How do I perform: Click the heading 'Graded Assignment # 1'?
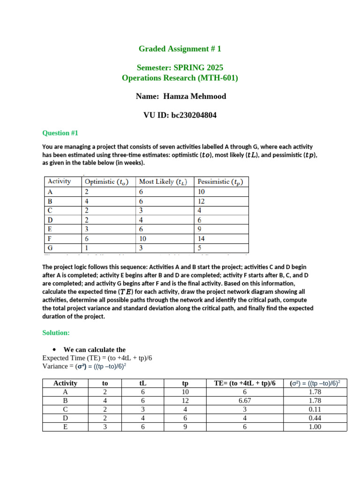click(x=180, y=49)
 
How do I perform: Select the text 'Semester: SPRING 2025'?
click(x=180, y=68)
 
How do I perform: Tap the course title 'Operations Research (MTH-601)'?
click(x=180, y=78)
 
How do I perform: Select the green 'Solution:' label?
click(x=56, y=332)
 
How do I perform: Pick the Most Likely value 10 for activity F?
click(x=143, y=238)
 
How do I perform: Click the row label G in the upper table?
click(x=50, y=247)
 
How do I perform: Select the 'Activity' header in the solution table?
click(x=65, y=383)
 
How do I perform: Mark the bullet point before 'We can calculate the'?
click(x=55, y=350)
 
